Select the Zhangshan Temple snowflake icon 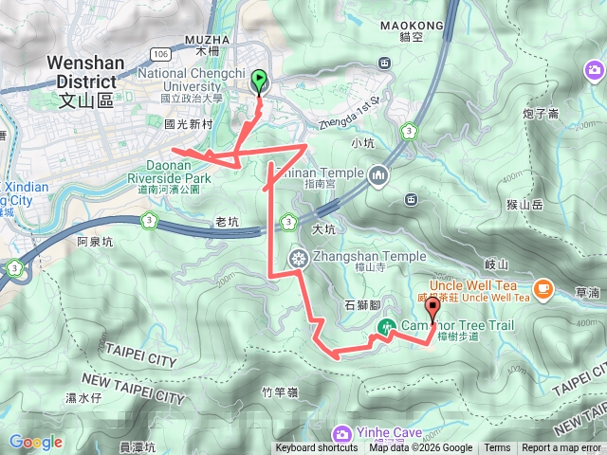tap(298, 257)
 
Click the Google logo tap(35, 442)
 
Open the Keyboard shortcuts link tap(317, 448)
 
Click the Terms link tap(497, 448)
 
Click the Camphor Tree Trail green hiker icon tap(386, 327)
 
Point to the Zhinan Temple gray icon tap(378, 174)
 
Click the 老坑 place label tap(228, 224)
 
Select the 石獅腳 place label tap(361, 305)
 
